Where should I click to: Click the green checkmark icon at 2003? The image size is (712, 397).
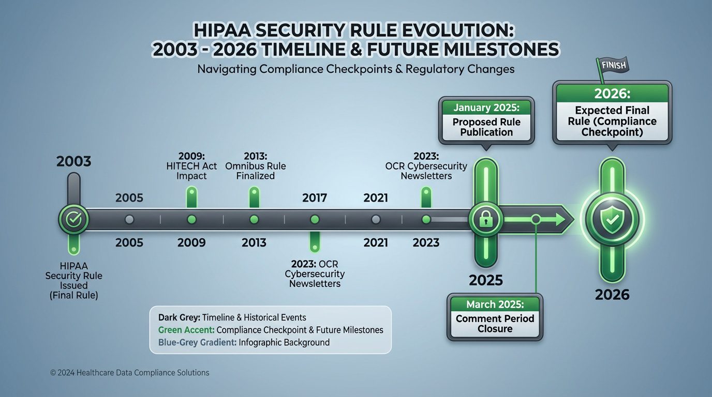(74, 219)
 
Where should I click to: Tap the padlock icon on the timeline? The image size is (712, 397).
(485, 219)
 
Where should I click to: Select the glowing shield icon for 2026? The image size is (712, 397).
(612, 219)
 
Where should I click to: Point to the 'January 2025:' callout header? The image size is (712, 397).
(486, 108)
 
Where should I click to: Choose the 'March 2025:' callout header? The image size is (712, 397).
(495, 304)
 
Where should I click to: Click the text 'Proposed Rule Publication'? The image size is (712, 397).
(486, 127)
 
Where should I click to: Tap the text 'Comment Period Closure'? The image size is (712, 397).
(495, 324)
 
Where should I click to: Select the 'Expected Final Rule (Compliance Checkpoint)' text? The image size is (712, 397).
(612, 121)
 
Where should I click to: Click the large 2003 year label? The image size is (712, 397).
(73, 161)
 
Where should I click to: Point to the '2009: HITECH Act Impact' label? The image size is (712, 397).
(191, 166)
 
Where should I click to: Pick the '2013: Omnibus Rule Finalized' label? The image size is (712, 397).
(254, 166)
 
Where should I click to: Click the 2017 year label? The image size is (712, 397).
(315, 197)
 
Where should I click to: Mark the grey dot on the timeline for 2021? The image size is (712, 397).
(376, 220)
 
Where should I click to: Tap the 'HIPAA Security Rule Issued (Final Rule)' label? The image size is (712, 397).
(74, 280)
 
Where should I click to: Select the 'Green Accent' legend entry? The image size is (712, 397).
(267, 330)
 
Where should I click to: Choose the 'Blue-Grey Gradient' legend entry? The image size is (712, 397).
(240, 342)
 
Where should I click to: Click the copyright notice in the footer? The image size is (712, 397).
(130, 372)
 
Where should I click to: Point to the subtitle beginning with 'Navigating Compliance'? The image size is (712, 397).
(356, 69)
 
